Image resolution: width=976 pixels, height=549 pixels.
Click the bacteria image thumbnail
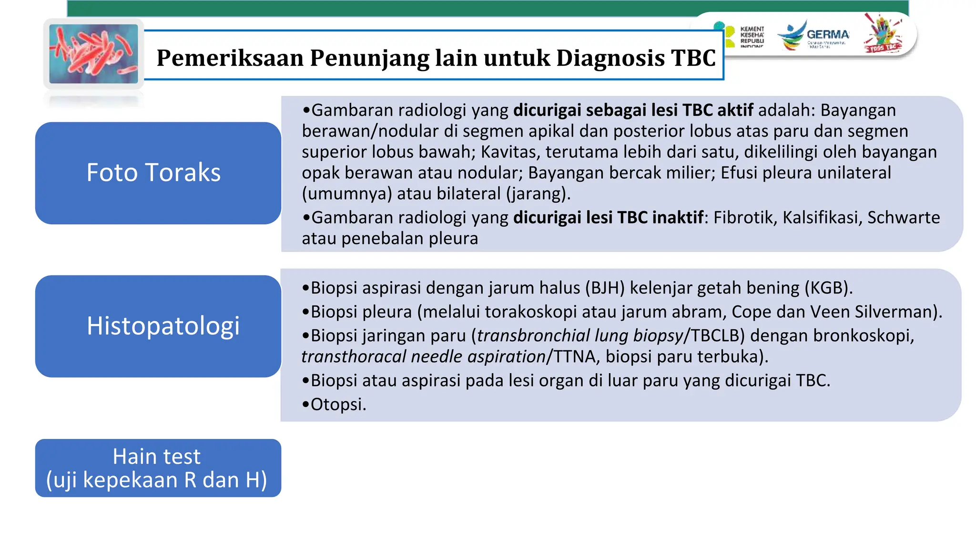(93, 54)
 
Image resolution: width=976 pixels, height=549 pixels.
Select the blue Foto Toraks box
(158, 173)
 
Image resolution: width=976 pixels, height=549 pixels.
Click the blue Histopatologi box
(158, 326)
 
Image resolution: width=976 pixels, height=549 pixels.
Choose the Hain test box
(158, 468)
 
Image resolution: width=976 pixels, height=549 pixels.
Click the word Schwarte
(903, 217)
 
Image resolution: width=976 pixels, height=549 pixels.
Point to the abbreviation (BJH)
(605, 288)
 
